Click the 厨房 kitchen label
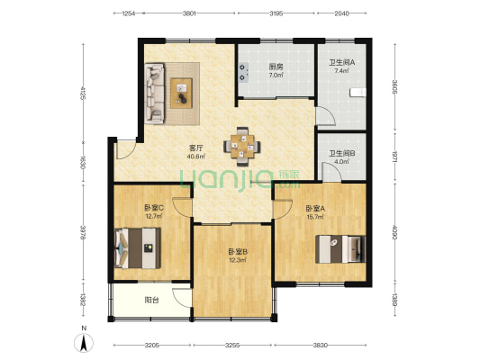pyautogui.click(x=276, y=67)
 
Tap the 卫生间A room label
pyautogui.click(x=341, y=63)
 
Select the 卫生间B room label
pyautogui.click(x=341, y=153)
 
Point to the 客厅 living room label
pyautogui.click(x=196, y=148)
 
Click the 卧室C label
pyautogui.click(x=154, y=208)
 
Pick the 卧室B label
pyautogui.click(x=238, y=252)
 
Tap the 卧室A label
pyautogui.click(x=315, y=209)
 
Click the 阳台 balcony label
pyautogui.click(x=152, y=300)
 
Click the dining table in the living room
pyautogui.click(x=242, y=146)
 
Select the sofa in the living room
pyautogui.click(x=155, y=94)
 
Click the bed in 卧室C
pyautogui.click(x=137, y=248)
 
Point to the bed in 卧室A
pyautogui.click(x=340, y=249)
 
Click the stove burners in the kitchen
pyautogui.click(x=243, y=73)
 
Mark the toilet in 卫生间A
pyautogui.click(x=358, y=92)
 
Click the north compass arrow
pyautogui.click(x=83, y=343)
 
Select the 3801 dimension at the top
pyautogui.click(x=189, y=13)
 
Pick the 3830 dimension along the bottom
pyautogui.click(x=321, y=346)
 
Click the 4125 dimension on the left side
pyautogui.click(x=83, y=93)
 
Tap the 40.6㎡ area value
pyautogui.click(x=196, y=157)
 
